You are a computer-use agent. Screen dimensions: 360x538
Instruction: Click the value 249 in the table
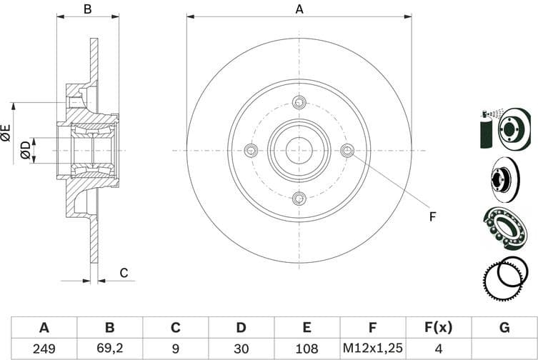(x=44, y=349)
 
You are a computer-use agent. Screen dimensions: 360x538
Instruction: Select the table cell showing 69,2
(x=110, y=349)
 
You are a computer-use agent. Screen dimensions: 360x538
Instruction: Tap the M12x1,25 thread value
(x=372, y=349)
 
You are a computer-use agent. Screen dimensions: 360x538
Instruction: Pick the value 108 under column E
(x=307, y=349)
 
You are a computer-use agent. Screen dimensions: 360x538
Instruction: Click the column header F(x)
(x=438, y=328)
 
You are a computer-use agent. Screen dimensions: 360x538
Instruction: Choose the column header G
(x=504, y=328)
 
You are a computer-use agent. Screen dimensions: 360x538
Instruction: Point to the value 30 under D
(x=241, y=349)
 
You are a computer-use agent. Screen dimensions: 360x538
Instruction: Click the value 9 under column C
(x=175, y=349)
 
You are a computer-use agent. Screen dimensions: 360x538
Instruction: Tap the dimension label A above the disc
(x=299, y=9)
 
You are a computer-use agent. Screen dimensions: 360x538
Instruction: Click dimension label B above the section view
(x=88, y=9)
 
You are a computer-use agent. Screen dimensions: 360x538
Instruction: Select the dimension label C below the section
(x=123, y=272)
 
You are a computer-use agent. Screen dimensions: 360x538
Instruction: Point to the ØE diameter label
(x=6, y=132)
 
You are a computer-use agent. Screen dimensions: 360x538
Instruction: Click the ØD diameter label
(x=25, y=150)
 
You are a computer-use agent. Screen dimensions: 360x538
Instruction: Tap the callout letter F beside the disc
(x=432, y=216)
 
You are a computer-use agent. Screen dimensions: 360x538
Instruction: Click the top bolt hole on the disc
(x=299, y=102)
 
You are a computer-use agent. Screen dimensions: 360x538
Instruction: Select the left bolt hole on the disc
(x=251, y=150)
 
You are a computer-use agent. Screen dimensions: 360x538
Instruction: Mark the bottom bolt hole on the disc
(x=299, y=198)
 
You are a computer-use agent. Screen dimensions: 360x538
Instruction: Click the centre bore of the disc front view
(x=299, y=150)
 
